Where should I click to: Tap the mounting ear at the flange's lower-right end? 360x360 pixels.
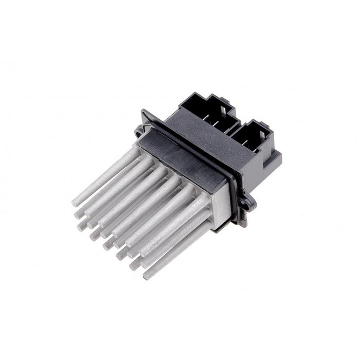point(250,202)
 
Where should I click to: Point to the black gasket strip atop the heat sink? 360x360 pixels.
point(185,159)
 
